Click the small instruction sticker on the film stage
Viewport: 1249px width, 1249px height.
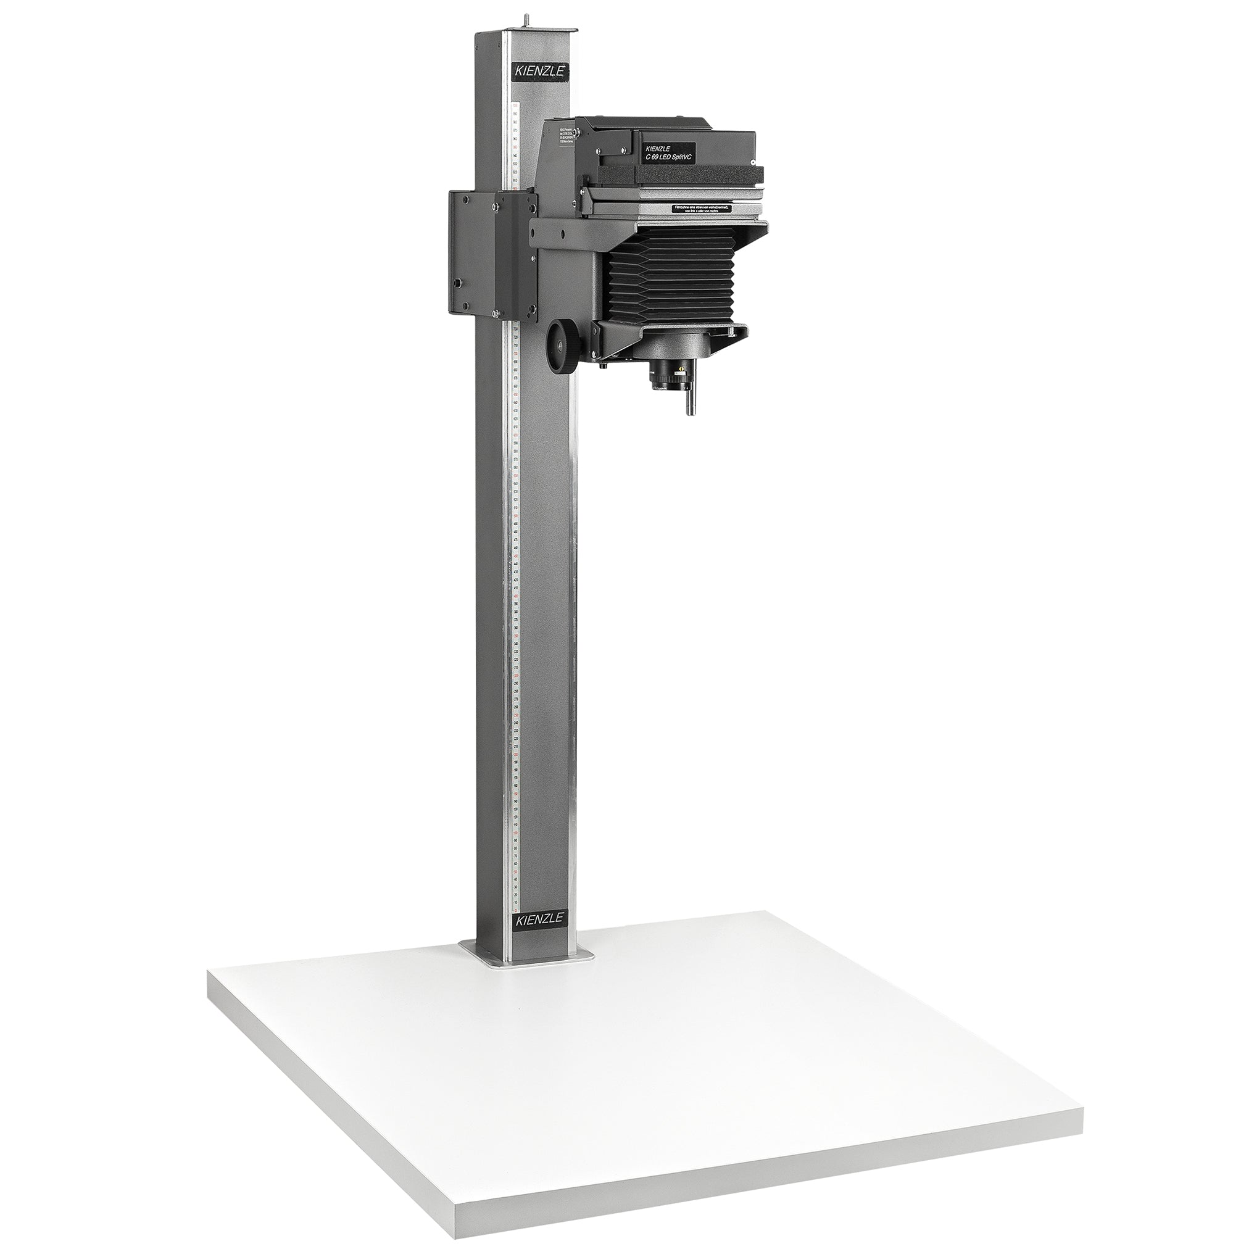[701, 209]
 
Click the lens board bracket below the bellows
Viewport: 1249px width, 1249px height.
[673, 336]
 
